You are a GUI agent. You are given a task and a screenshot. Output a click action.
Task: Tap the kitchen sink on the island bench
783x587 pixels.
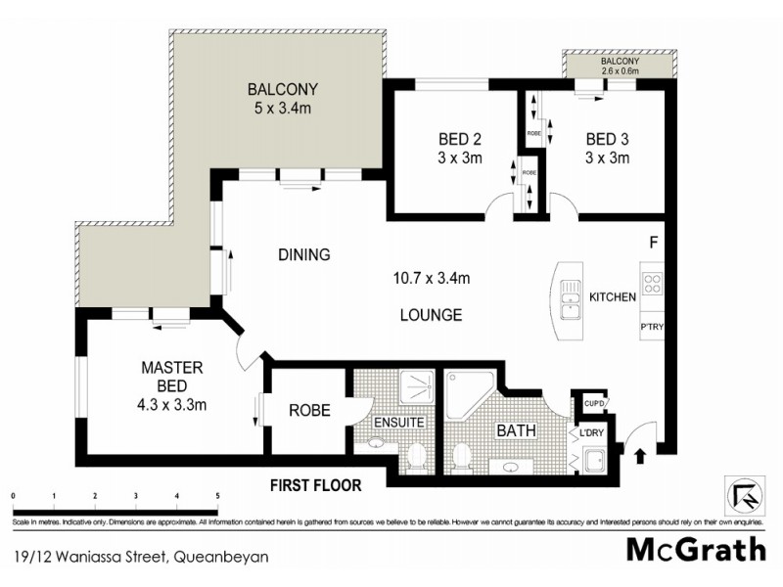pos(570,297)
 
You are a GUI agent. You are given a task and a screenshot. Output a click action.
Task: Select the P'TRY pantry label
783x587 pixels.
pos(653,326)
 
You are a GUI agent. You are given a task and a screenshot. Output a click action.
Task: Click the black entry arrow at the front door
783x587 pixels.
pos(641,454)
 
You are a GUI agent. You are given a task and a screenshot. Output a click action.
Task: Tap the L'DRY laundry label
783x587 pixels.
pos(590,431)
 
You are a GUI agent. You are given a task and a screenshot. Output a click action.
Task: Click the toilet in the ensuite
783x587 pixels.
pos(415,456)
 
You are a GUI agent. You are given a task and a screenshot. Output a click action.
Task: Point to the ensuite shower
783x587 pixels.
pos(418,390)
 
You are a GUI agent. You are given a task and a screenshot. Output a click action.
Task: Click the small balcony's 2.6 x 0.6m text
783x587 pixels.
pos(620,70)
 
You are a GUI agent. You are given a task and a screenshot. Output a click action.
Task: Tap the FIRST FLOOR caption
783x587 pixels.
pos(317,485)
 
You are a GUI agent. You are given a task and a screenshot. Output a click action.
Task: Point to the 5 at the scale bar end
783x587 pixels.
pos(217,497)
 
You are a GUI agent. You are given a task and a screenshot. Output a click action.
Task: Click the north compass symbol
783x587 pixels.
pos(743,489)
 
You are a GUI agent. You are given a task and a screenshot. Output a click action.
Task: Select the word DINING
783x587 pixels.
pos(304,254)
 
